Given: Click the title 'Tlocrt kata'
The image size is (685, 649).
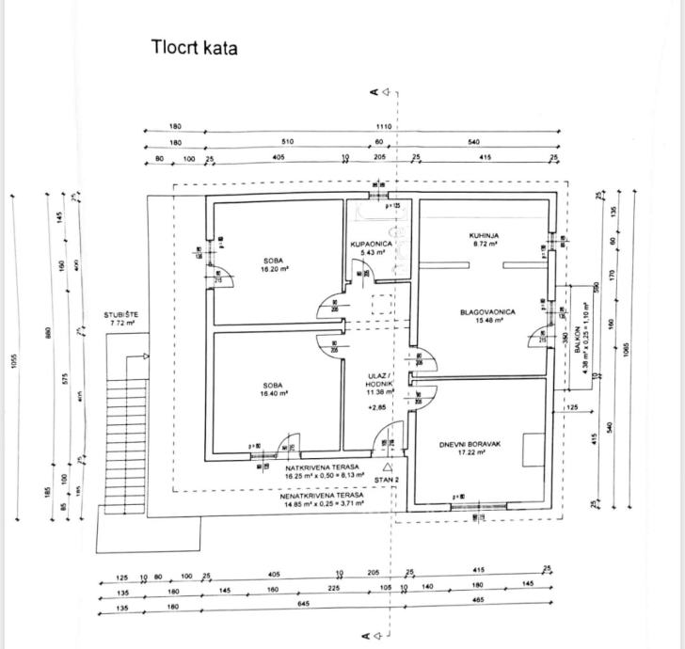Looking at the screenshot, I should (194, 47).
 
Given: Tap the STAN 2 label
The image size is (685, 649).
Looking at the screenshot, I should (387, 481).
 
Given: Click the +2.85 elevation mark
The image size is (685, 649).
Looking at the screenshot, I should (377, 409).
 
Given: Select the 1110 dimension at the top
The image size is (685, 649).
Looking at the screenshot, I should (383, 127).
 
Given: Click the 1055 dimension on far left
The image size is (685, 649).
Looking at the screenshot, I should (14, 362).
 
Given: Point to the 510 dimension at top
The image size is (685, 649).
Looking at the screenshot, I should (287, 142).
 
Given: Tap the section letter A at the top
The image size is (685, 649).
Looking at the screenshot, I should (374, 92).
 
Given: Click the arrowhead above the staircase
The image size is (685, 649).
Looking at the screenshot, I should (145, 356).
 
